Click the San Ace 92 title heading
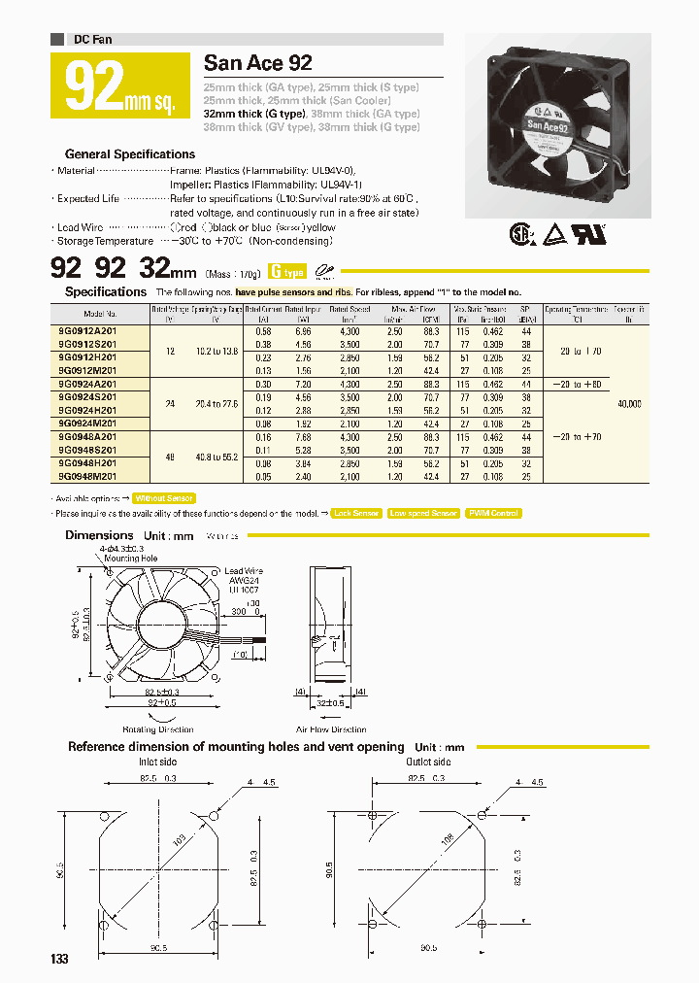click(x=258, y=64)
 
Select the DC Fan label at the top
click(x=92, y=39)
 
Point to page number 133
click(x=59, y=959)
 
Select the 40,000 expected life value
click(x=628, y=403)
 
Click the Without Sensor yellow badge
click(x=164, y=497)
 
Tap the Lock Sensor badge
click(x=356, y=513)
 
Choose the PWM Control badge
click(x=493, y=513)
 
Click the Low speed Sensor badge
click(x=423, y=513)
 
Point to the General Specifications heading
click(x=129, y=153)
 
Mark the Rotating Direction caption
click(x=157, y=729)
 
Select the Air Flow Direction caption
click(x=332, y=729)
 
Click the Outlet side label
click(x=425, y=763)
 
